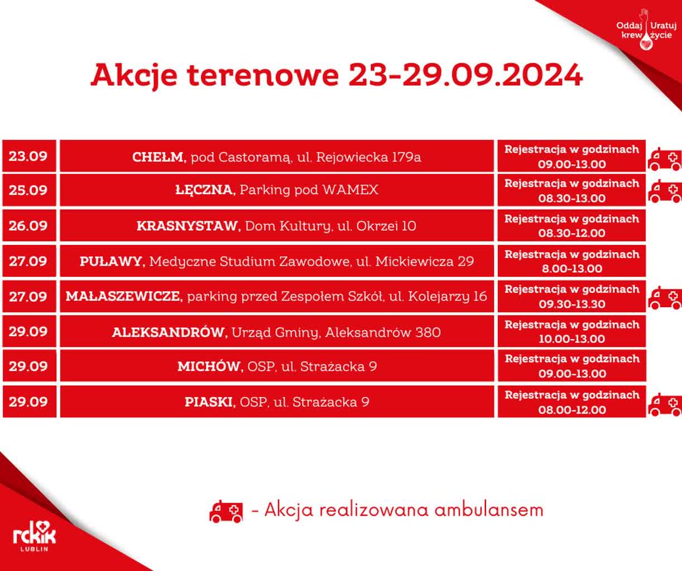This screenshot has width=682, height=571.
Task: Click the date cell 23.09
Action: click(x=28, y=156)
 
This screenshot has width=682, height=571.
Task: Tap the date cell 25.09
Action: click(x=28, y=190)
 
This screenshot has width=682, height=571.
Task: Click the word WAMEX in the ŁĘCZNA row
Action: click(x=350, y=190)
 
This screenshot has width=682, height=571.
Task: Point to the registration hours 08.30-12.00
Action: click(x=571, y=233)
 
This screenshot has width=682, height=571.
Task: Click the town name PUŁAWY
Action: click(x=112, y=261)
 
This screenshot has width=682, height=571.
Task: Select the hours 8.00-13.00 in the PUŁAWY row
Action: click(x=571, y=268)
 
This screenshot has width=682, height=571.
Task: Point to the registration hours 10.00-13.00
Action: click(x=571, y=338)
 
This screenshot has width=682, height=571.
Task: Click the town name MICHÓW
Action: click(x=210, y=366)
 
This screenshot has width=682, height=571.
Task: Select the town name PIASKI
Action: click(x=210, y=402)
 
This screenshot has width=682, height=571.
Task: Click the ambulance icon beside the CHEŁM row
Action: click(x=664, y=159)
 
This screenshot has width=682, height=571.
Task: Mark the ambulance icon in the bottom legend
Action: click(x=226, y=511)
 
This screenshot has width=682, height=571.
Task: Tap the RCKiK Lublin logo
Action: click(x=34, y=536)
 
